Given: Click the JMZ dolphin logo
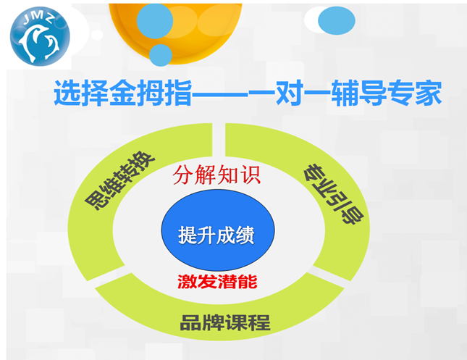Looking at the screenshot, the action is click(40, 36).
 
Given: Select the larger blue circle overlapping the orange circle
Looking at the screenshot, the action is click(155, 21).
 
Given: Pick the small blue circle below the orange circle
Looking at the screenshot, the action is click(161, 56).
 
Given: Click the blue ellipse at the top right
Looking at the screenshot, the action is click(337, 20).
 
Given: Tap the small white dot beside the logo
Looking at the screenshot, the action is click(97, 35).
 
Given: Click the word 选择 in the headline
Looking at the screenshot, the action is click(81, 93).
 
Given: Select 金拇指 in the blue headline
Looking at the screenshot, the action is click(151, 93).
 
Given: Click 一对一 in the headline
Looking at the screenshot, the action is click(290, 93).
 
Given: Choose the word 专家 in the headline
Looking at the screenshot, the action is click(415, 93).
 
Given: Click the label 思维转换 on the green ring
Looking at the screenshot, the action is click(119, 180).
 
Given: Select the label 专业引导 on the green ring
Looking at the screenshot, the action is click(334, 193).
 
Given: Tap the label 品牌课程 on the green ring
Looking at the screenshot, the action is click(225, 323).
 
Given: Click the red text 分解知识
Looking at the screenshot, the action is click(216, 175).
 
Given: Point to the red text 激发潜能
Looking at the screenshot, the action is click(217, 282).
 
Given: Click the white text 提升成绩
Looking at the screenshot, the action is click(216, 235).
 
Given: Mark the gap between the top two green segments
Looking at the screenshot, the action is click(219, 140).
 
